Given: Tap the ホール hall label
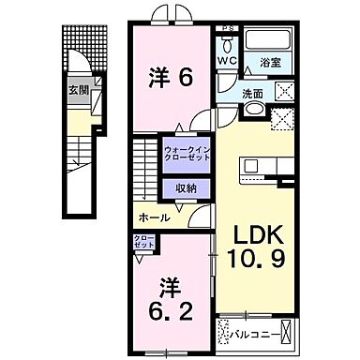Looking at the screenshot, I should (154, 217).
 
